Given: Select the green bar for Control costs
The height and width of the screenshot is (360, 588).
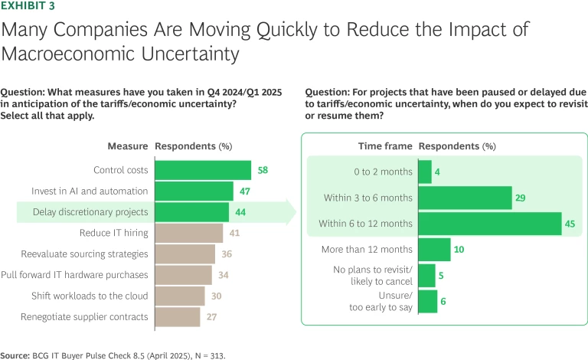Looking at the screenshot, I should (203, 170).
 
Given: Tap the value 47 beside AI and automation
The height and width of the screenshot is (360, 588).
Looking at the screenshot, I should (246, 191).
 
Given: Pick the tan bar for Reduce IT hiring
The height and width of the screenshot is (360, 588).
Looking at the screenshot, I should (188, 233).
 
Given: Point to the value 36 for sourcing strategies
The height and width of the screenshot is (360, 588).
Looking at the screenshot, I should (227, 254).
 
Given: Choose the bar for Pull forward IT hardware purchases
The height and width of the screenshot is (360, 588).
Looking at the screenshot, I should (183, 274).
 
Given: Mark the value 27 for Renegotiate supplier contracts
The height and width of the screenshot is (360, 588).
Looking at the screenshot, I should (212, 316).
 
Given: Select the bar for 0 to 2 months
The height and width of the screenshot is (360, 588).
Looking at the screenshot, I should (425, 172).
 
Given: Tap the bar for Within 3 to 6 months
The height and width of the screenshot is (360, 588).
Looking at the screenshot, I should (465, 198).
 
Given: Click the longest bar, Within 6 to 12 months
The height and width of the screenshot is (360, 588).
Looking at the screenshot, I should (490, 224).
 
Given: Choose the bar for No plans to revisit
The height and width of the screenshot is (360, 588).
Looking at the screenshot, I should (426, 276).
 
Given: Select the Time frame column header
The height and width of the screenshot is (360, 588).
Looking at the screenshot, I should (385, 146).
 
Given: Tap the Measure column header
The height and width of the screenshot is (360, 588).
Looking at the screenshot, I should (128, 146).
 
